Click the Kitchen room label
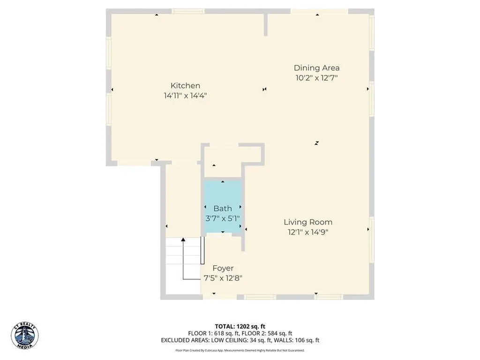pos(185,85)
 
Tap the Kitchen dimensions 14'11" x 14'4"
pos(185,96)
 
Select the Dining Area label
pos(316,68)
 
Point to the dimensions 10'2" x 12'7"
pos(316,78)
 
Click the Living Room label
pos(308,222)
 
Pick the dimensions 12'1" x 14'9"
pos(308,232)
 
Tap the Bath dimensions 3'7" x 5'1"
pos(223,218)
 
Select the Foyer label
pos(223,268)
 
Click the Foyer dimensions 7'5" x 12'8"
pos(223,278)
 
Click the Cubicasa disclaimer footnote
pos(240,350)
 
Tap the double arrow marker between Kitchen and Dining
pos(264,89)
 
